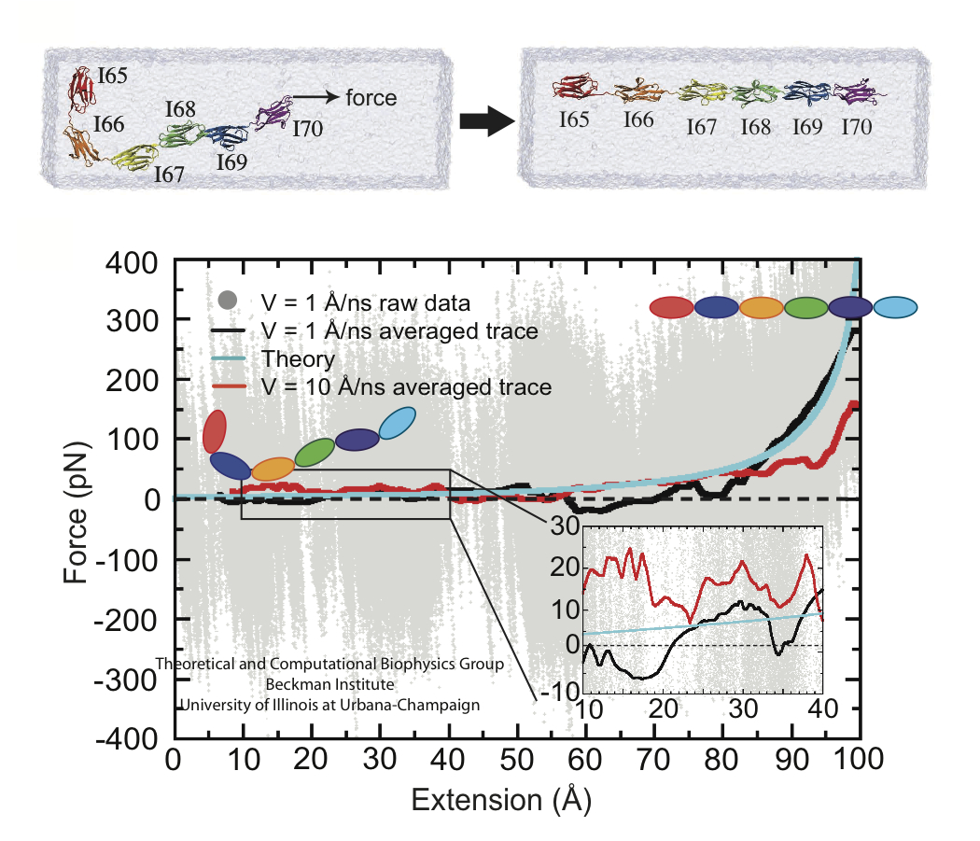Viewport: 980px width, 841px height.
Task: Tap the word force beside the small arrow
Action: click(371, 97)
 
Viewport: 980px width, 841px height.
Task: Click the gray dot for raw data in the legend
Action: click(225, 301)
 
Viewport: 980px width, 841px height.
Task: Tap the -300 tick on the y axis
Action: click(131, 679)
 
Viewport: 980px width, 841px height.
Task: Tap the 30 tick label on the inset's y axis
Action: click(562, 525)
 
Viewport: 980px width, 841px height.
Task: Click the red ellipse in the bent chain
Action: click(214, 431)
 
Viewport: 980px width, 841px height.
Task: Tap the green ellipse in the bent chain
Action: click(315, 453)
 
